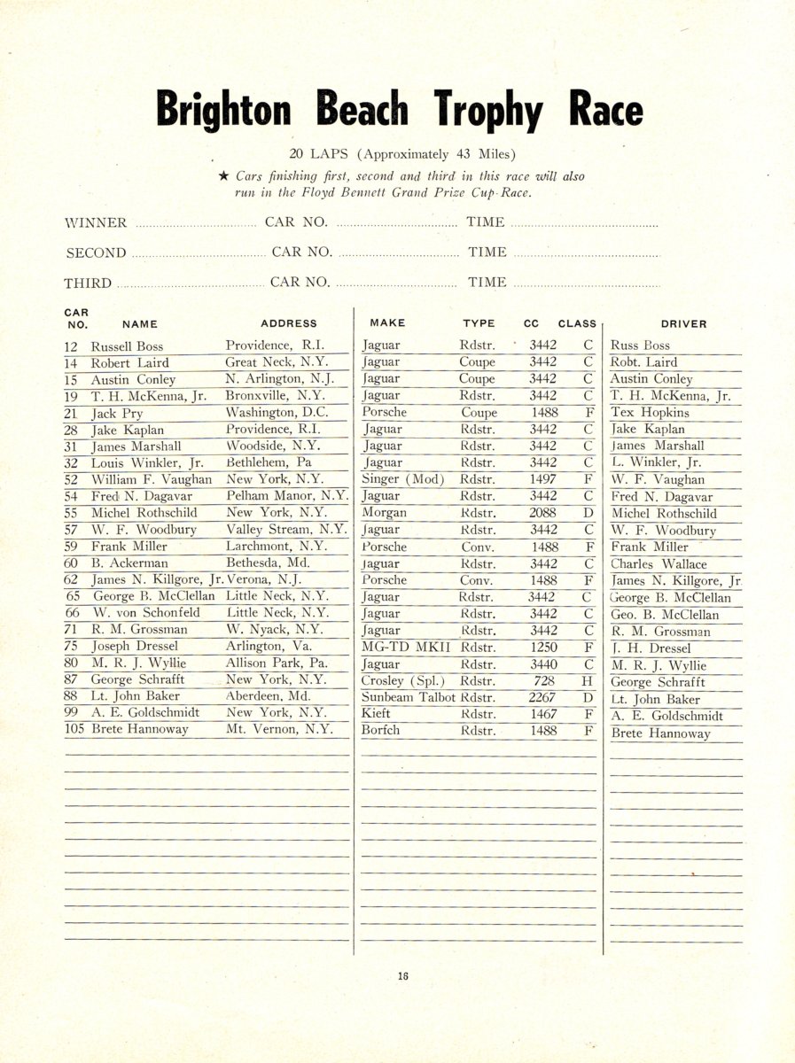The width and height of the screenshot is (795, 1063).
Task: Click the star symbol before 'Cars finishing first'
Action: click(224, 176)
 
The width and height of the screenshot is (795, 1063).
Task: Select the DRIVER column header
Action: click(683, 324)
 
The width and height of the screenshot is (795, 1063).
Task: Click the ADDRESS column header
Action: click(288, 324)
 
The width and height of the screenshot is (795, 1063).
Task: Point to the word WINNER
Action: click(97, 222)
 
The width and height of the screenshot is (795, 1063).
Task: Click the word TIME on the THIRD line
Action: click(487, 283)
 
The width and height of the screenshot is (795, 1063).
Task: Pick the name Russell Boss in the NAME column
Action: click(127, 346)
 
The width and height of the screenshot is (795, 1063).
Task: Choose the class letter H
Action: click(587, 681)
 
